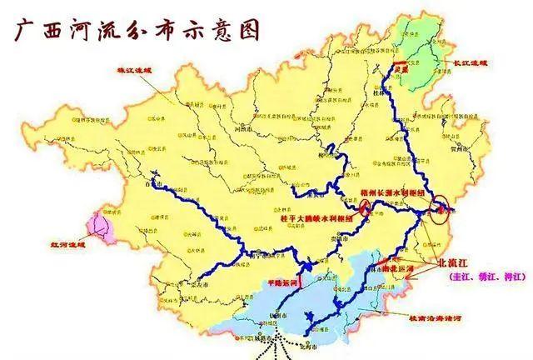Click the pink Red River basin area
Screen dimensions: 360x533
pyautogui.click(x=101, y=224)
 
